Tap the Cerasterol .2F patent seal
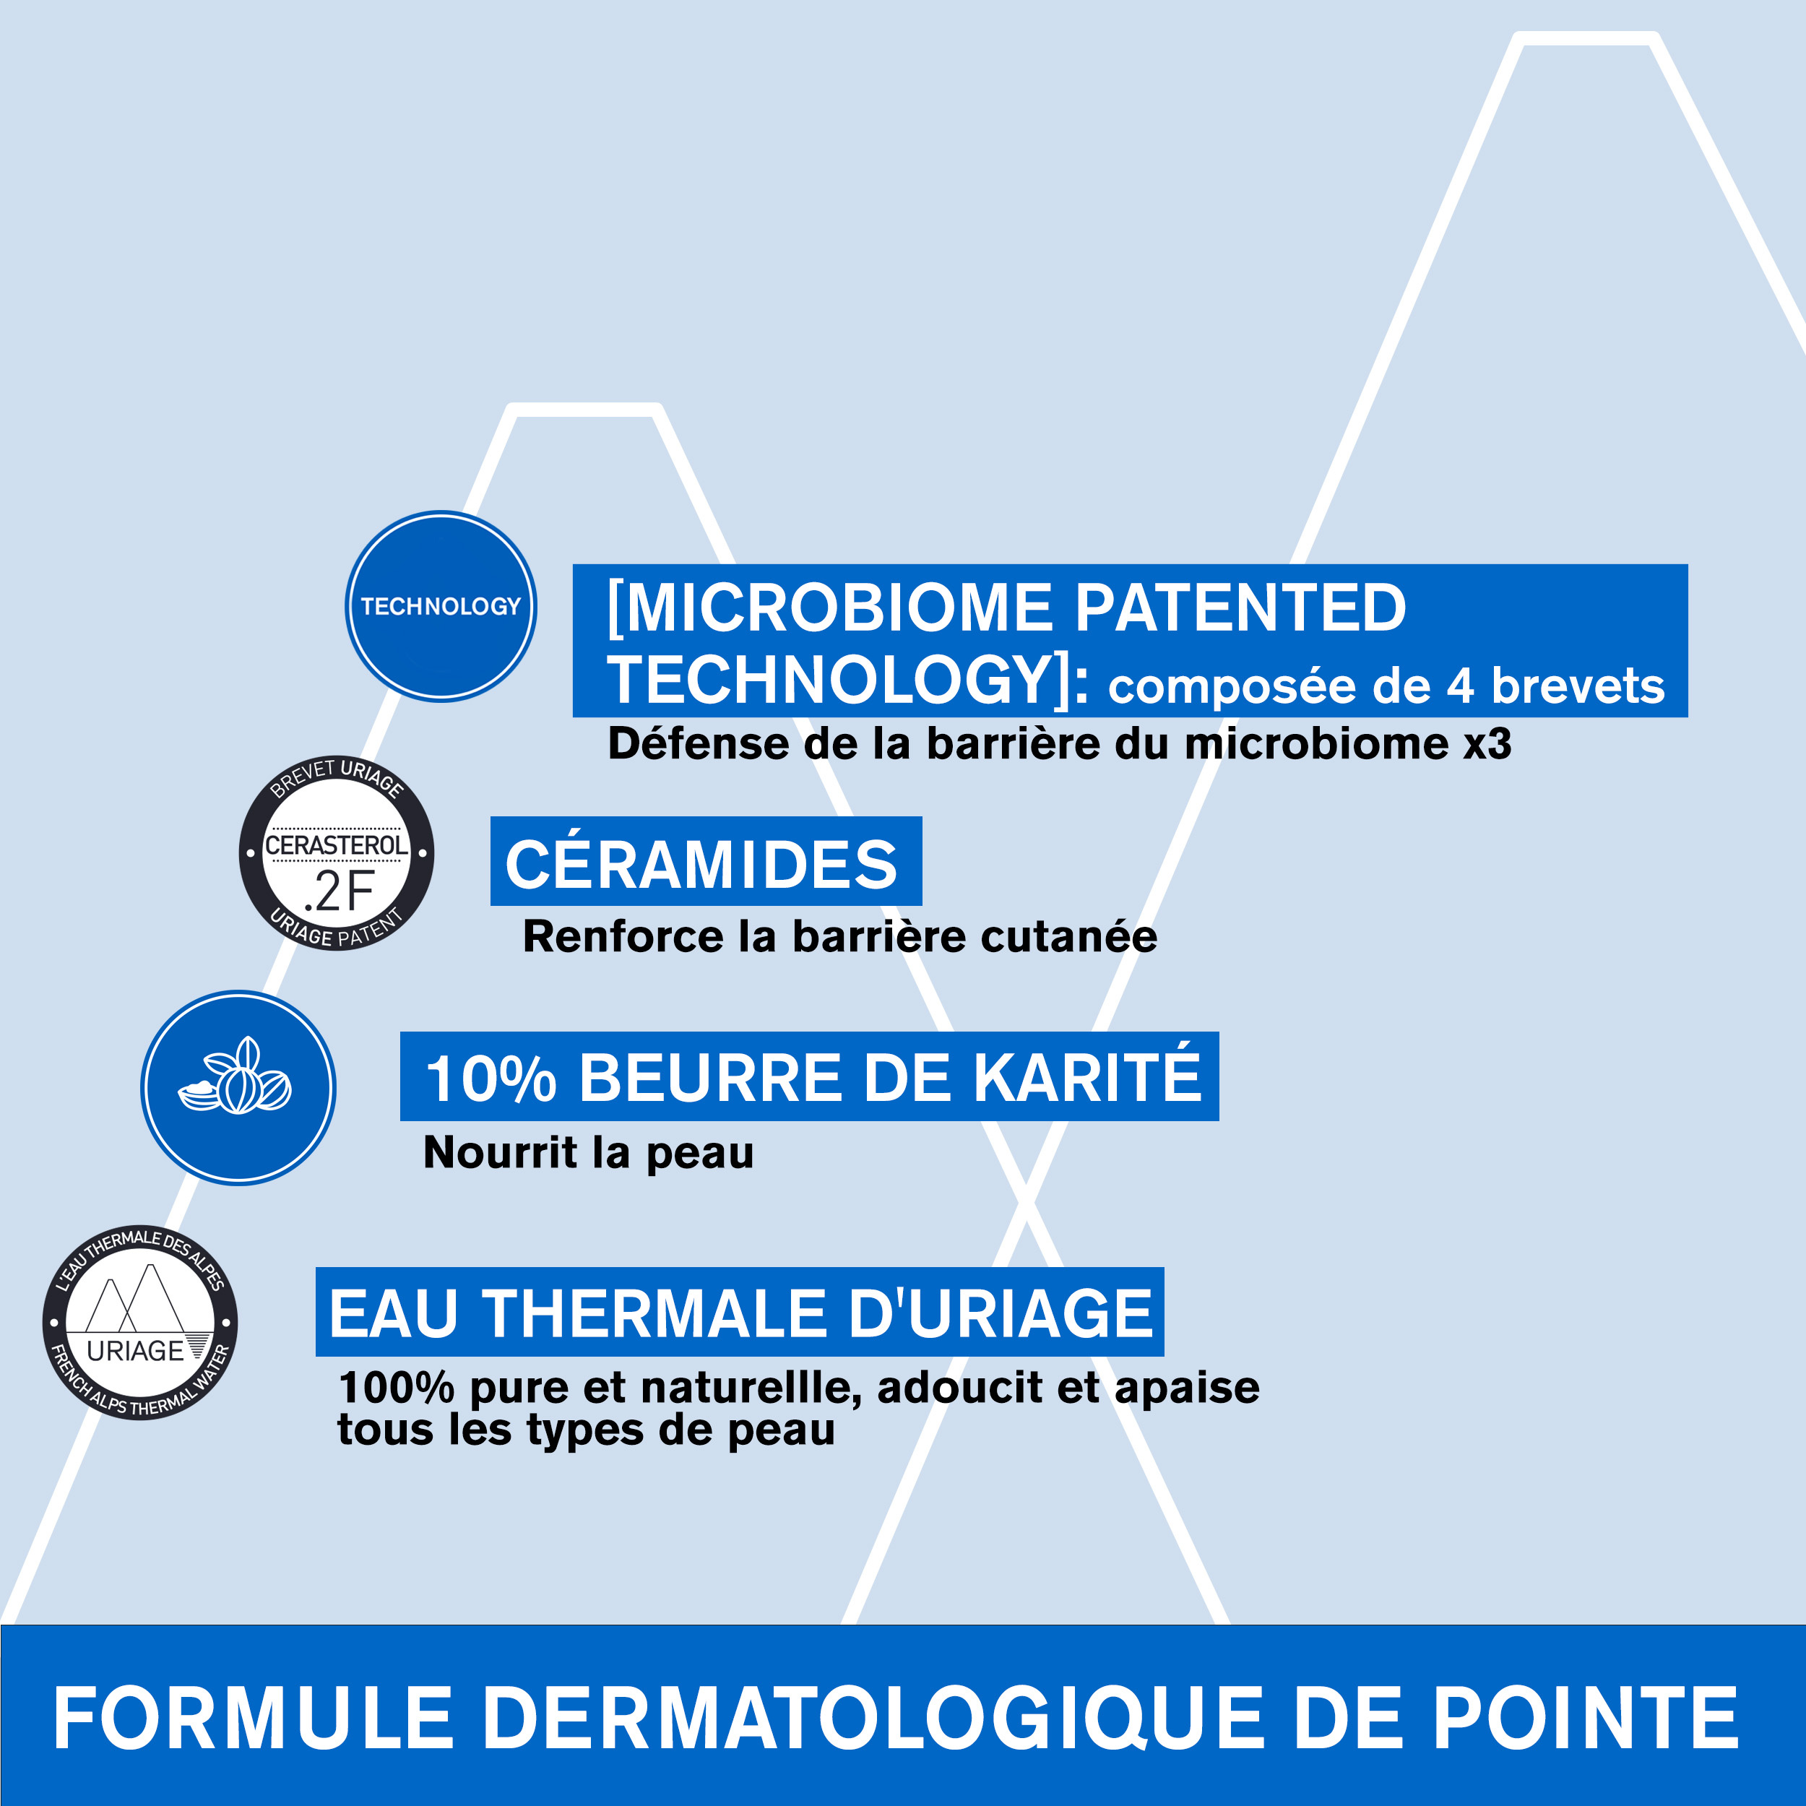coord(337,852)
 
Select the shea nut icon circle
coord(238,1088)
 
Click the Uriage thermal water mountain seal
coord(140,1323)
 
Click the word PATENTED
coord(1240,608)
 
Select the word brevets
coord(1578,686)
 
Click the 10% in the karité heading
coord(490,1079)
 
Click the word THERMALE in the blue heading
coord(654,1313)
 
